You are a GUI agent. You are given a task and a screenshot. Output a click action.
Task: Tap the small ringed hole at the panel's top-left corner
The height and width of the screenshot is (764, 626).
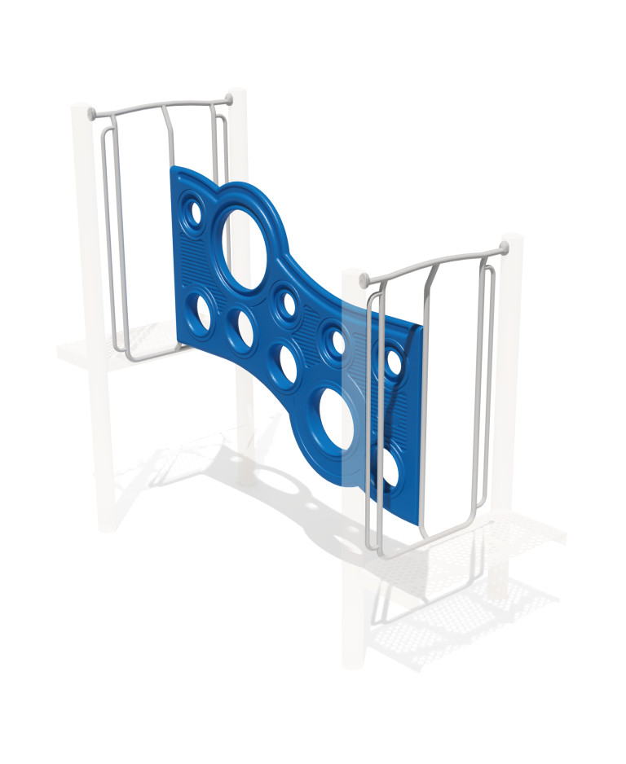tap(194, 213)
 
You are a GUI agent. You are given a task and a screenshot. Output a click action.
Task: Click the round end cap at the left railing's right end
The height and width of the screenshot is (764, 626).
tap(228, 100)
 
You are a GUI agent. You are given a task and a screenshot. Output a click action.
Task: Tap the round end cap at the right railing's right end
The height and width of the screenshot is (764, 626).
tap(505, 248)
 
